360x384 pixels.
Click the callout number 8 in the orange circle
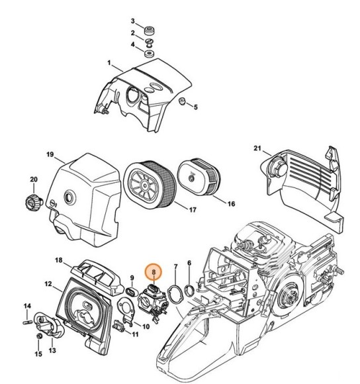[154, 272]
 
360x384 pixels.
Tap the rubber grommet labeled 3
[149, 30]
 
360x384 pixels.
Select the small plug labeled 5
[182, 101]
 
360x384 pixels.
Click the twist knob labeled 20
[32, 203]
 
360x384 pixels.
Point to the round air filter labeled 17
[150, 184]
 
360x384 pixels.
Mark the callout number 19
[50, 154]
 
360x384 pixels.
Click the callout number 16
[231, 204]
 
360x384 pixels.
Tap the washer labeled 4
[149, 54]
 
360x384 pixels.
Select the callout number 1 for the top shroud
[109, 63]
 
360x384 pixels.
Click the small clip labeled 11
[118, 326]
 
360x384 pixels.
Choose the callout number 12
[48, 284]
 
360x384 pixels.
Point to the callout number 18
[59, 260]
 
